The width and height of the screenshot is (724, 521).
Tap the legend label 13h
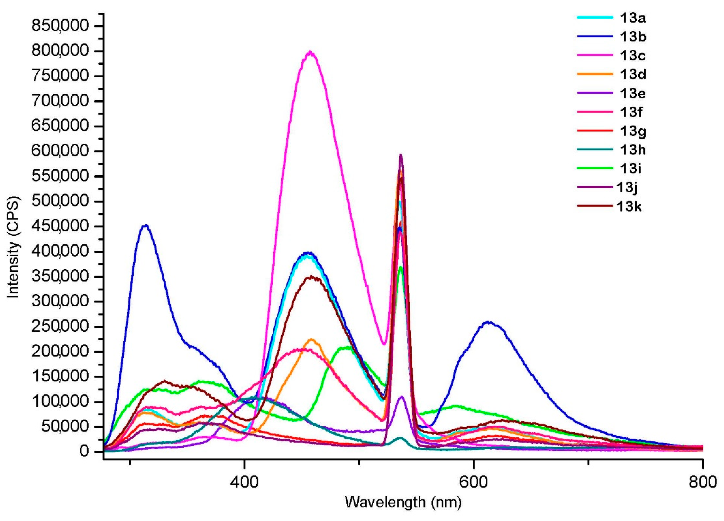coord(633,150)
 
